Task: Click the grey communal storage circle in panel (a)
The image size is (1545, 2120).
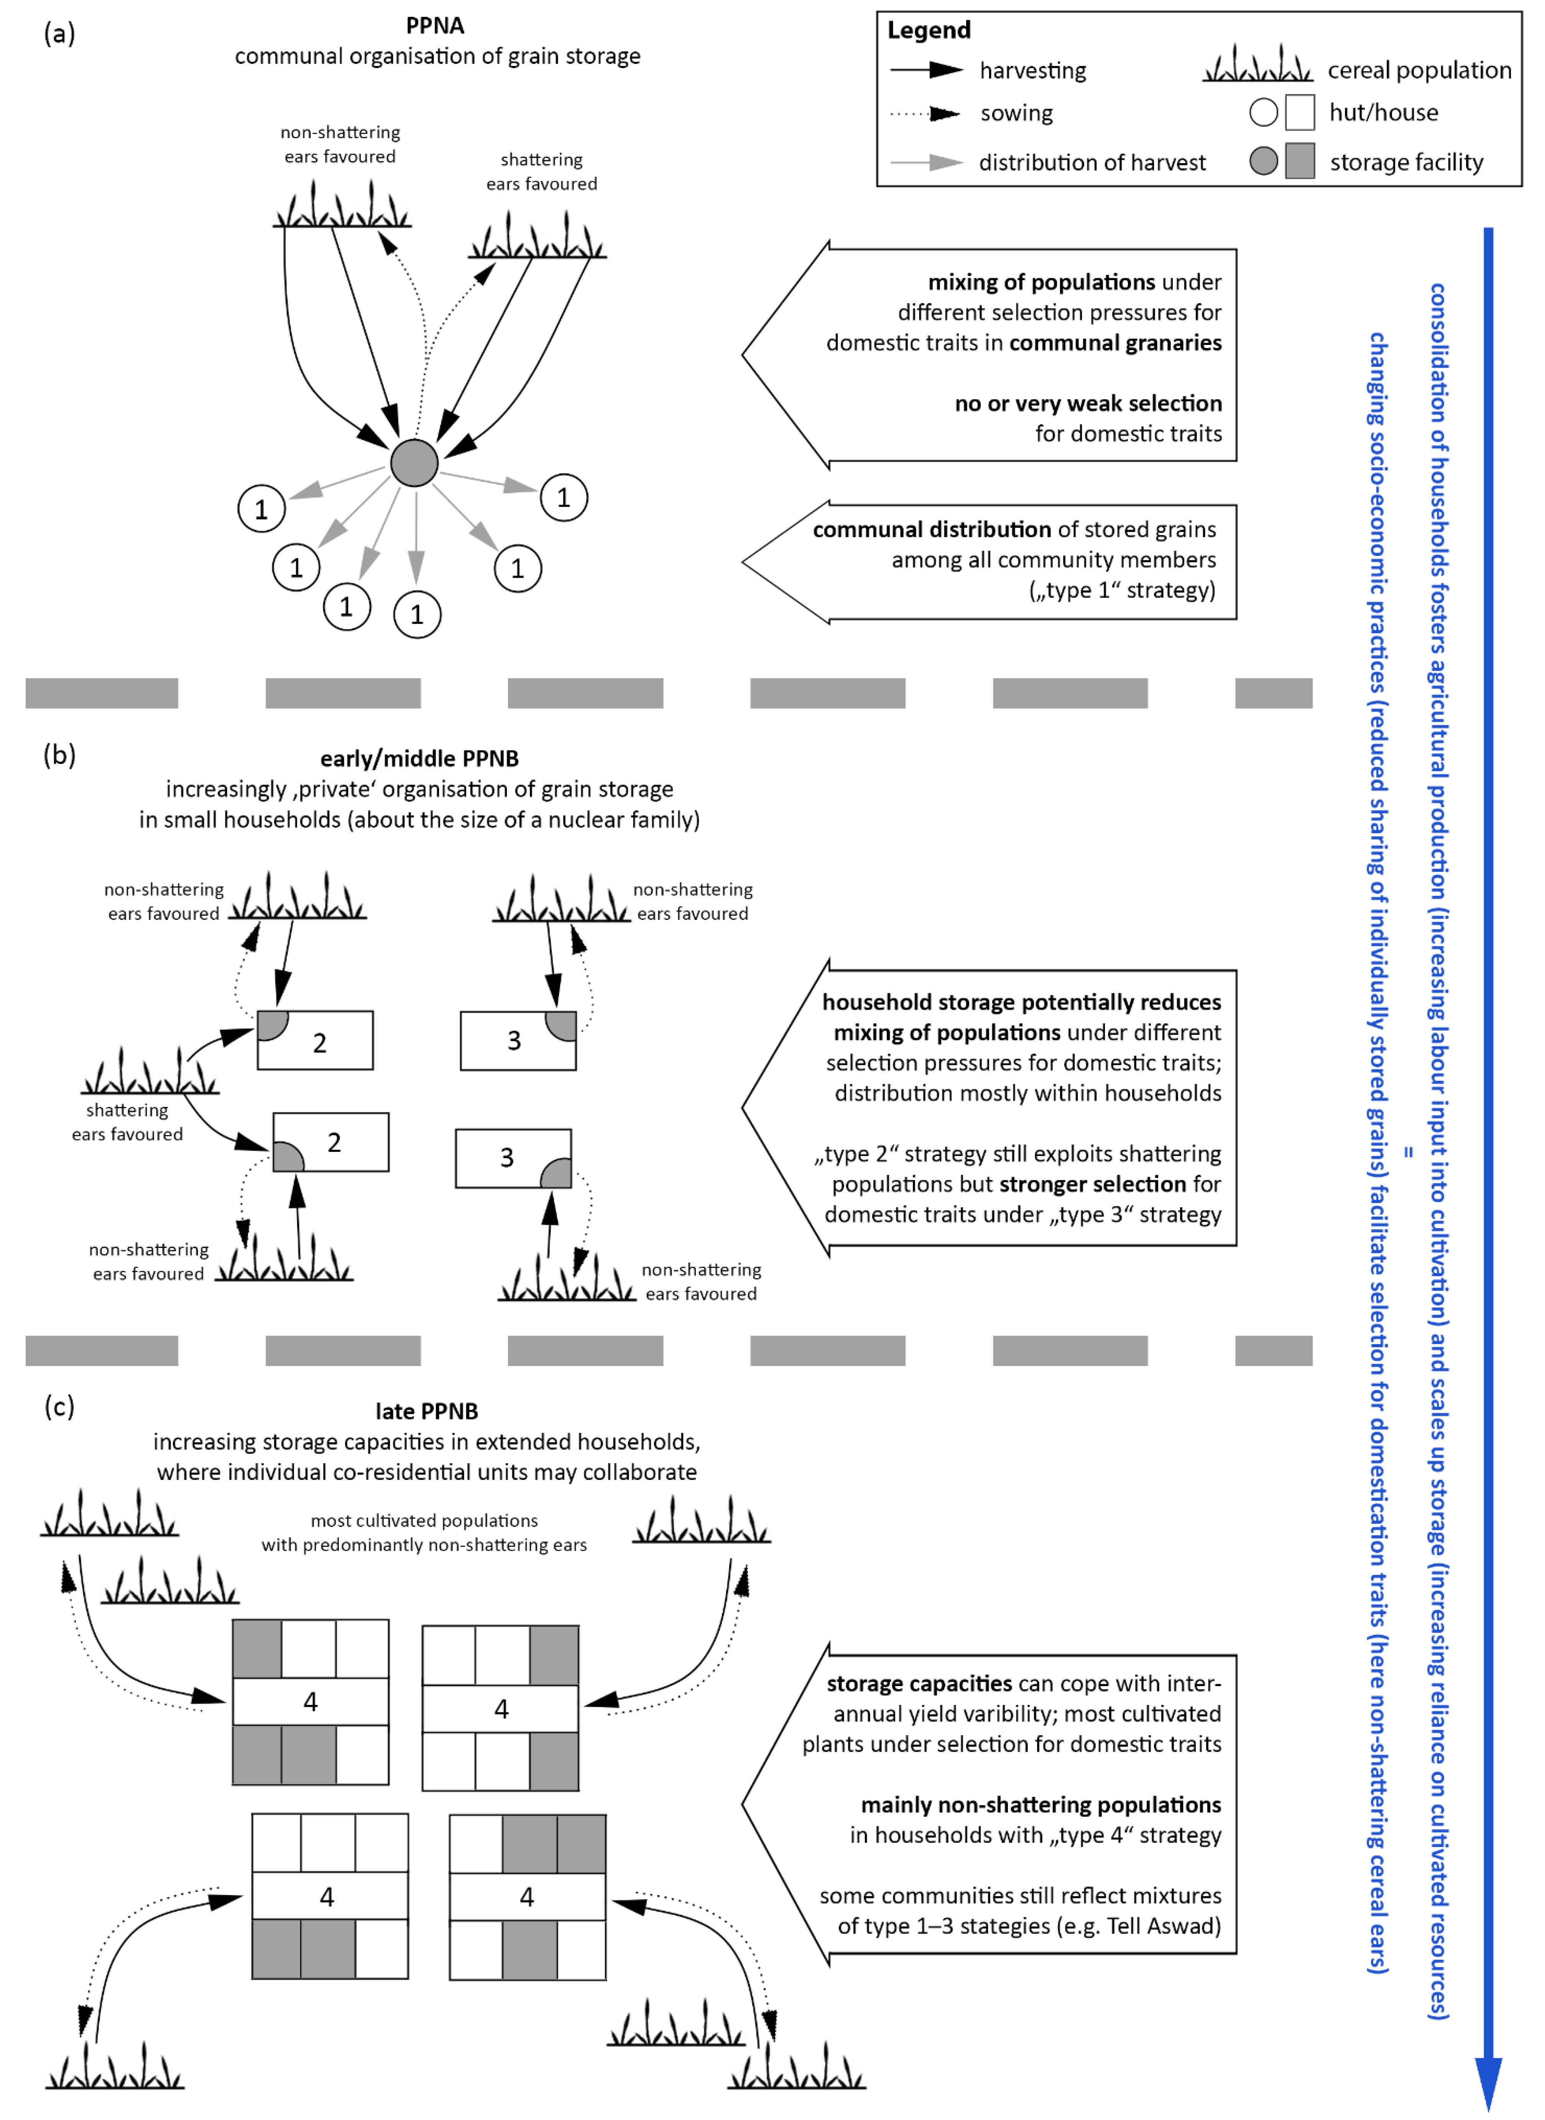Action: tap(414, 463)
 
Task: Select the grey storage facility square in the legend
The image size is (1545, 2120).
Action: tap(1300, 161)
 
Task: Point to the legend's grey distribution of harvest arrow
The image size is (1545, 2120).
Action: tap(926, 163)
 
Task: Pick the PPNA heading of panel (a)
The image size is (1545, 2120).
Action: tap(435, 25)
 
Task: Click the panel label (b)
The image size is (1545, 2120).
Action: tap(59, 755)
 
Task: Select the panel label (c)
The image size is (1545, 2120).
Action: tap(59, 1406)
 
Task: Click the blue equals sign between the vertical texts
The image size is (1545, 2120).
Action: tap(1409, 1152)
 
